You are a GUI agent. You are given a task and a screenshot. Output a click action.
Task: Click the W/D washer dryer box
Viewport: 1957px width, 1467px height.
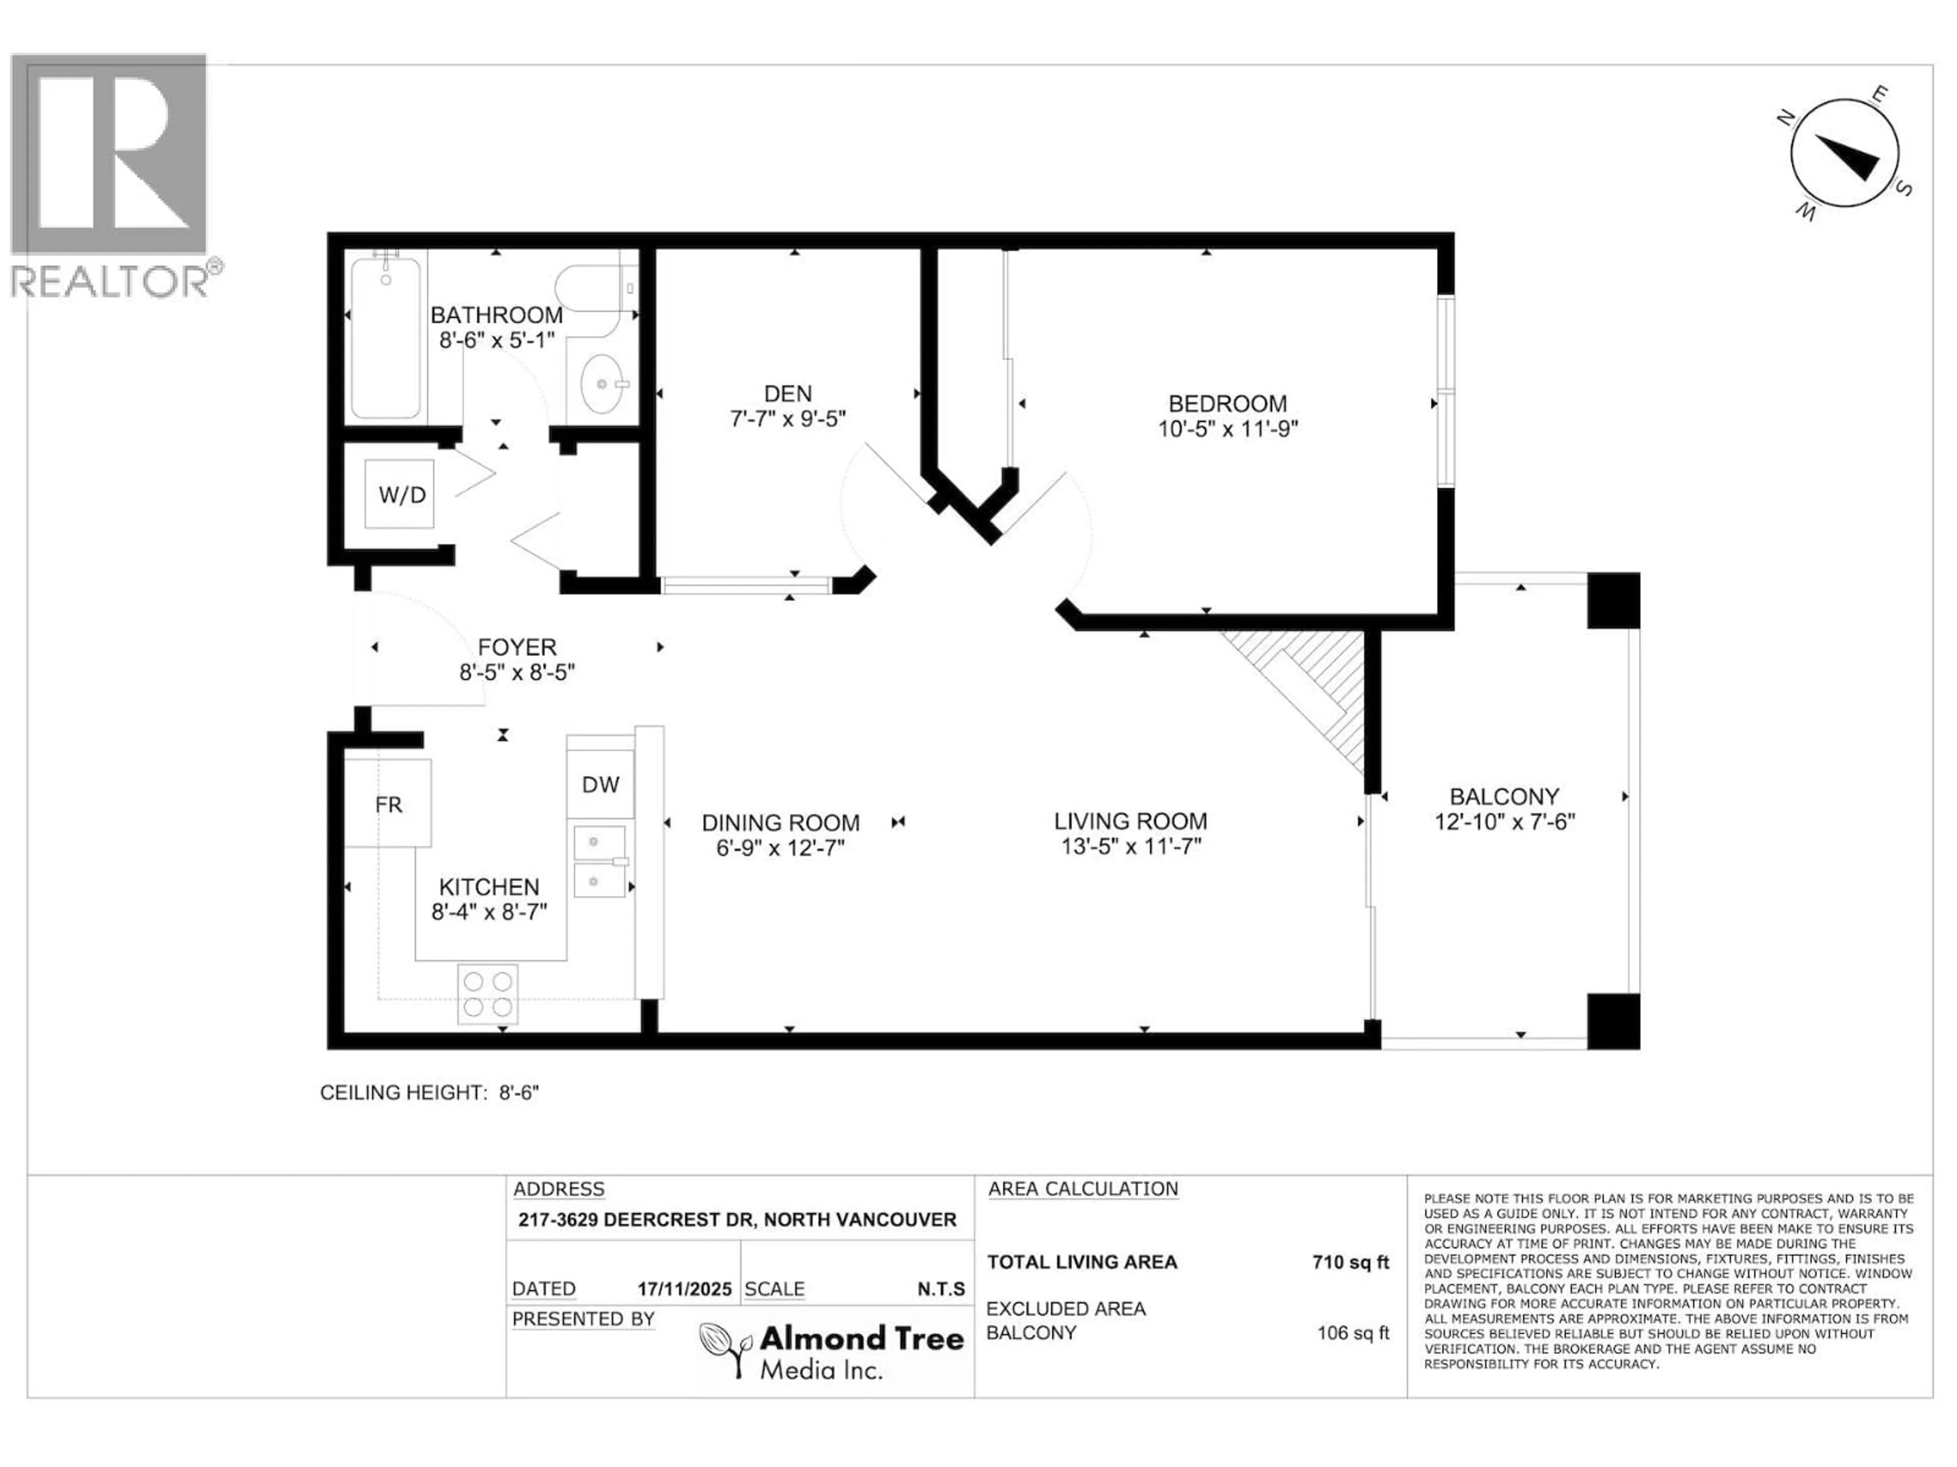pos(400,494)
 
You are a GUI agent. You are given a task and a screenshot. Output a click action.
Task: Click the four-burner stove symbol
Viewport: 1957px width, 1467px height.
pos(488,994)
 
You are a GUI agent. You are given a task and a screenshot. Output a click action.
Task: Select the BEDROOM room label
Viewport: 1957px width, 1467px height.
pos(1227,403)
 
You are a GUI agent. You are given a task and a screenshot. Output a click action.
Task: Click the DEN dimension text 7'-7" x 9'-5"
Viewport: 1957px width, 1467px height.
pos(787,418)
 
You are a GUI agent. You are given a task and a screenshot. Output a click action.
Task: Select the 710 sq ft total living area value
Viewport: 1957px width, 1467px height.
pos(1350,1262)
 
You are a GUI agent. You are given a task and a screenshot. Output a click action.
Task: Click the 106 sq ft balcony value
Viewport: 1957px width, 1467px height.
pos(1352,1333)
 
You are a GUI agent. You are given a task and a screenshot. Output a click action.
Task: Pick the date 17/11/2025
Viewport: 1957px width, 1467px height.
pos(684,1289)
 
